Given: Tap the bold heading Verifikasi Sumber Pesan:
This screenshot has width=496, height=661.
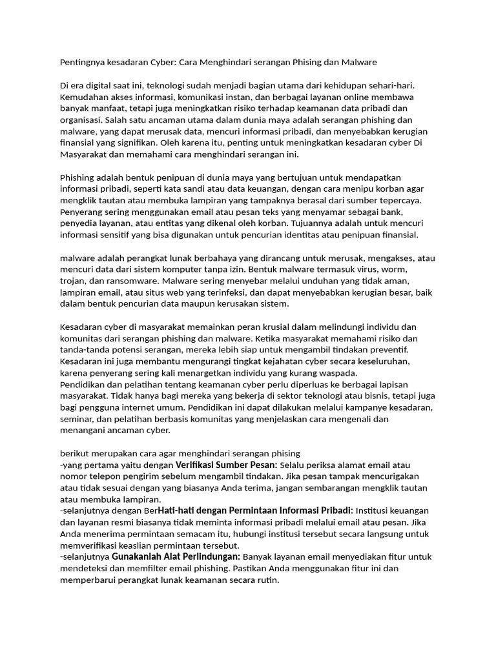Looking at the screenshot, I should click(x=226, y=465).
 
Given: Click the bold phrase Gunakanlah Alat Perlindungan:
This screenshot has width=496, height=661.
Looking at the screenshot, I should click(x=176, y=556).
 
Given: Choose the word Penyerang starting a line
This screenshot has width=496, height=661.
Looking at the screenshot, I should click(x=82, y=212).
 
